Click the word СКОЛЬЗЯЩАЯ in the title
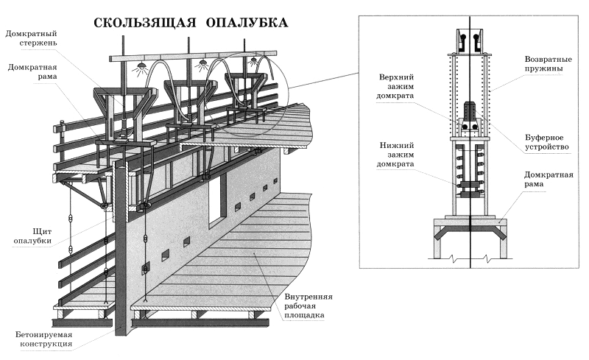(144, 23)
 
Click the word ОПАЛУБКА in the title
(247, 23)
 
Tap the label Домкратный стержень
(31, 38)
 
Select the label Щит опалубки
(32, 236)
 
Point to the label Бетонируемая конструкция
(44, 339)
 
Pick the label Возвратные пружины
(548, 64)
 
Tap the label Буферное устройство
(546, 142)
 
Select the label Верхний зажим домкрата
(395, 86)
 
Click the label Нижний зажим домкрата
(395, 155)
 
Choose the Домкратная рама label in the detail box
(549, 179)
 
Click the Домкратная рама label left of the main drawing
(32, 71)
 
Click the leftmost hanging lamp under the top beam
(141, 66)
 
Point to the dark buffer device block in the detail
(470, 110)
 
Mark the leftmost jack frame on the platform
(123, 113)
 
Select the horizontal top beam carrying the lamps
(194, 57)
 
